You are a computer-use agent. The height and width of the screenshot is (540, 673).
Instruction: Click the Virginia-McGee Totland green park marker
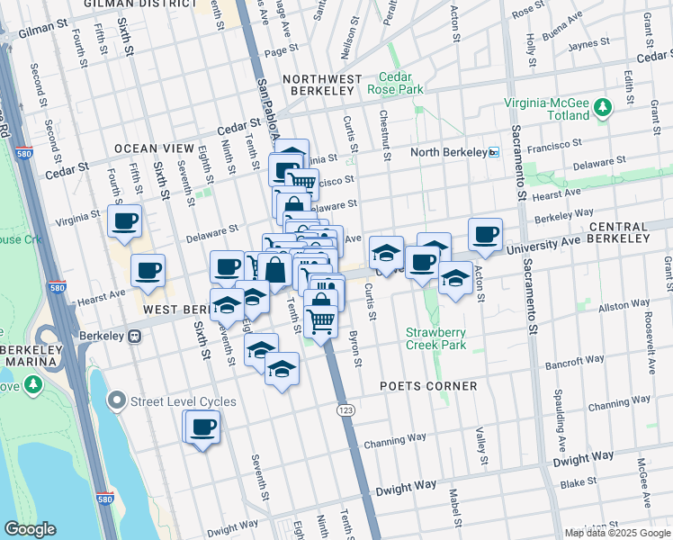click(602, 109)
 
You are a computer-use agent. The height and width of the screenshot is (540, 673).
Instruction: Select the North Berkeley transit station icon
click(493, 152)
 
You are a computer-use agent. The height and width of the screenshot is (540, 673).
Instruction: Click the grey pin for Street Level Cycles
click(116, 401)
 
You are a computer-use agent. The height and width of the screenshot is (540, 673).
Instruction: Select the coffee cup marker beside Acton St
click(486, 235)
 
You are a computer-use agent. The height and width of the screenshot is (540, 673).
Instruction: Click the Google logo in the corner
click(30, 529)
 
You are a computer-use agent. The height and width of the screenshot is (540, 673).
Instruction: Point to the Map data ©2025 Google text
click(617, 533)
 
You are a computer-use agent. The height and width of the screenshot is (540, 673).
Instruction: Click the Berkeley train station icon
click(134, 337)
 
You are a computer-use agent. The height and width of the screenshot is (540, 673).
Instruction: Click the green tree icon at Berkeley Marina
click(33, 385)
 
